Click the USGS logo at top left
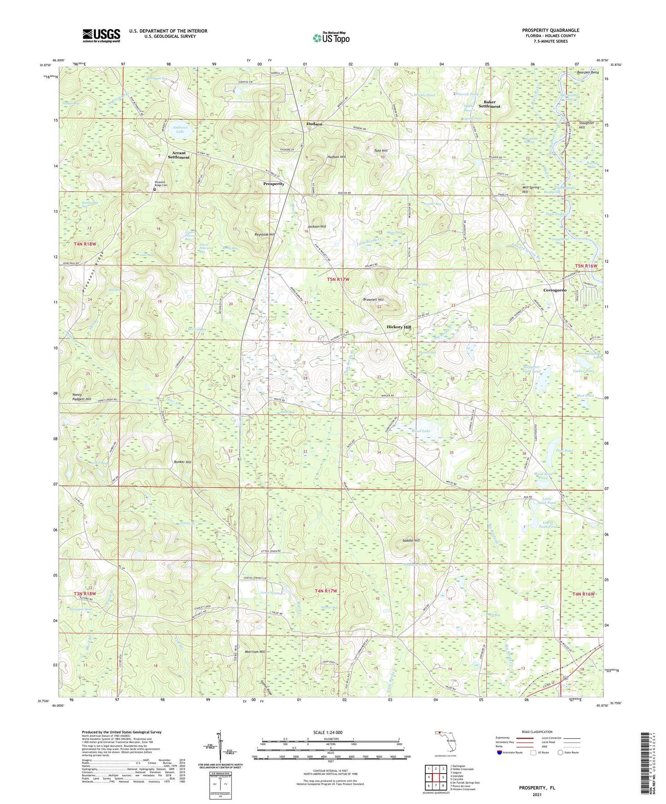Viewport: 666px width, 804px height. pos(101,35)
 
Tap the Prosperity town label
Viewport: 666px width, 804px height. pos(274,184)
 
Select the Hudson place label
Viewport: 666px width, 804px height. pos(314,124)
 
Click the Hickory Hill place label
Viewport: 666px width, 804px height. pos(399,327)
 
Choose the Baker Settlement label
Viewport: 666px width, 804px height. pos(489,104)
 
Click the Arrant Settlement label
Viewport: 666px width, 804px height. pos(179,155)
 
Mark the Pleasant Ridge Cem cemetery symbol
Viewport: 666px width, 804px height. pos(155,189)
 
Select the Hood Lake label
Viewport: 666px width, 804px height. pos(421,431)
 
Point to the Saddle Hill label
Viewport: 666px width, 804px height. pos(411,541)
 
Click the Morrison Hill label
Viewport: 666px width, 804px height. pos(255,652)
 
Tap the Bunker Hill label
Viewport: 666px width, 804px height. pos(182,461)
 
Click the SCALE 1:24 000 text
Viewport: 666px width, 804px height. pos(330,732)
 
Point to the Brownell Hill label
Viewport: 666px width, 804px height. pos(373,300)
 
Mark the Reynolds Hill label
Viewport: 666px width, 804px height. pos(265,234)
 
